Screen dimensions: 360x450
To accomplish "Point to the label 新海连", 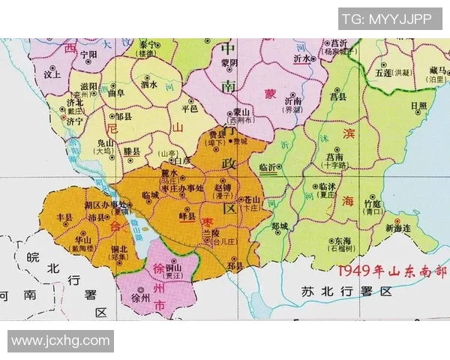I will (398, 228).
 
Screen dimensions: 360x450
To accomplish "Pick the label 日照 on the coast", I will (418, 106).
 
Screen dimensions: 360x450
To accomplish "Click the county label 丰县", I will (65, 217).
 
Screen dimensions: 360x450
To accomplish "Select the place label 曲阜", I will (115, 93).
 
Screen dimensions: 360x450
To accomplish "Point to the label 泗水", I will (148, 85).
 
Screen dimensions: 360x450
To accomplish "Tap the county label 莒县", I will (339, 97).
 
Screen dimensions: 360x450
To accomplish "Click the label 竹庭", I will (373, 203).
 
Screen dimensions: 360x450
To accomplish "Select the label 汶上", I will (52, 75).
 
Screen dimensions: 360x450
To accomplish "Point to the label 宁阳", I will (88, 54).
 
